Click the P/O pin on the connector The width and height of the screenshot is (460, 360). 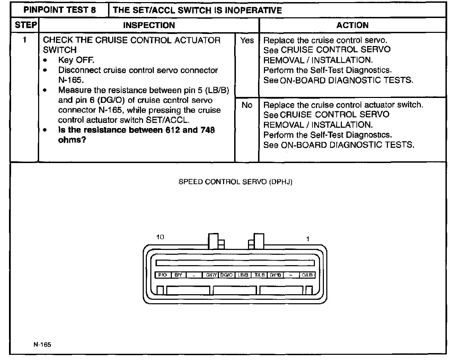tap(162, 275)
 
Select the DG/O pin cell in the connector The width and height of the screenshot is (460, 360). tap(227, 275)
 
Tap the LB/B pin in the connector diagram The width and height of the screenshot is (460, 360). tap(243, 275)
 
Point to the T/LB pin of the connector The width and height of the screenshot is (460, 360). tap(259, 275)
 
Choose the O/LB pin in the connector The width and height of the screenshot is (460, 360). tap(307, 275)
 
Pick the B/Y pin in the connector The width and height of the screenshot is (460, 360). tap(178, 275)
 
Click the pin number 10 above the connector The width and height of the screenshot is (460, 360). tap(160, 237)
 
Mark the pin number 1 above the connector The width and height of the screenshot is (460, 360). tap(308, 239)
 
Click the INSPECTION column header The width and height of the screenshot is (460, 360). tap(149, 25)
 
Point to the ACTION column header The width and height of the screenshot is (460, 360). tap(352, 25)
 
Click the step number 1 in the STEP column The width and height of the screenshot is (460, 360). tap(25, 40)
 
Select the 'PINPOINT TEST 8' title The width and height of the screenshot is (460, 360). tap(60, 10)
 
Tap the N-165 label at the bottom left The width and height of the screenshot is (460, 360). tap(42, 344)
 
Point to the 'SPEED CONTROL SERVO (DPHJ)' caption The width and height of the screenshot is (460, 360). tap(235, 182)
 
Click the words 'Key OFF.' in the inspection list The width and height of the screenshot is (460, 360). tap(76, 60)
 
